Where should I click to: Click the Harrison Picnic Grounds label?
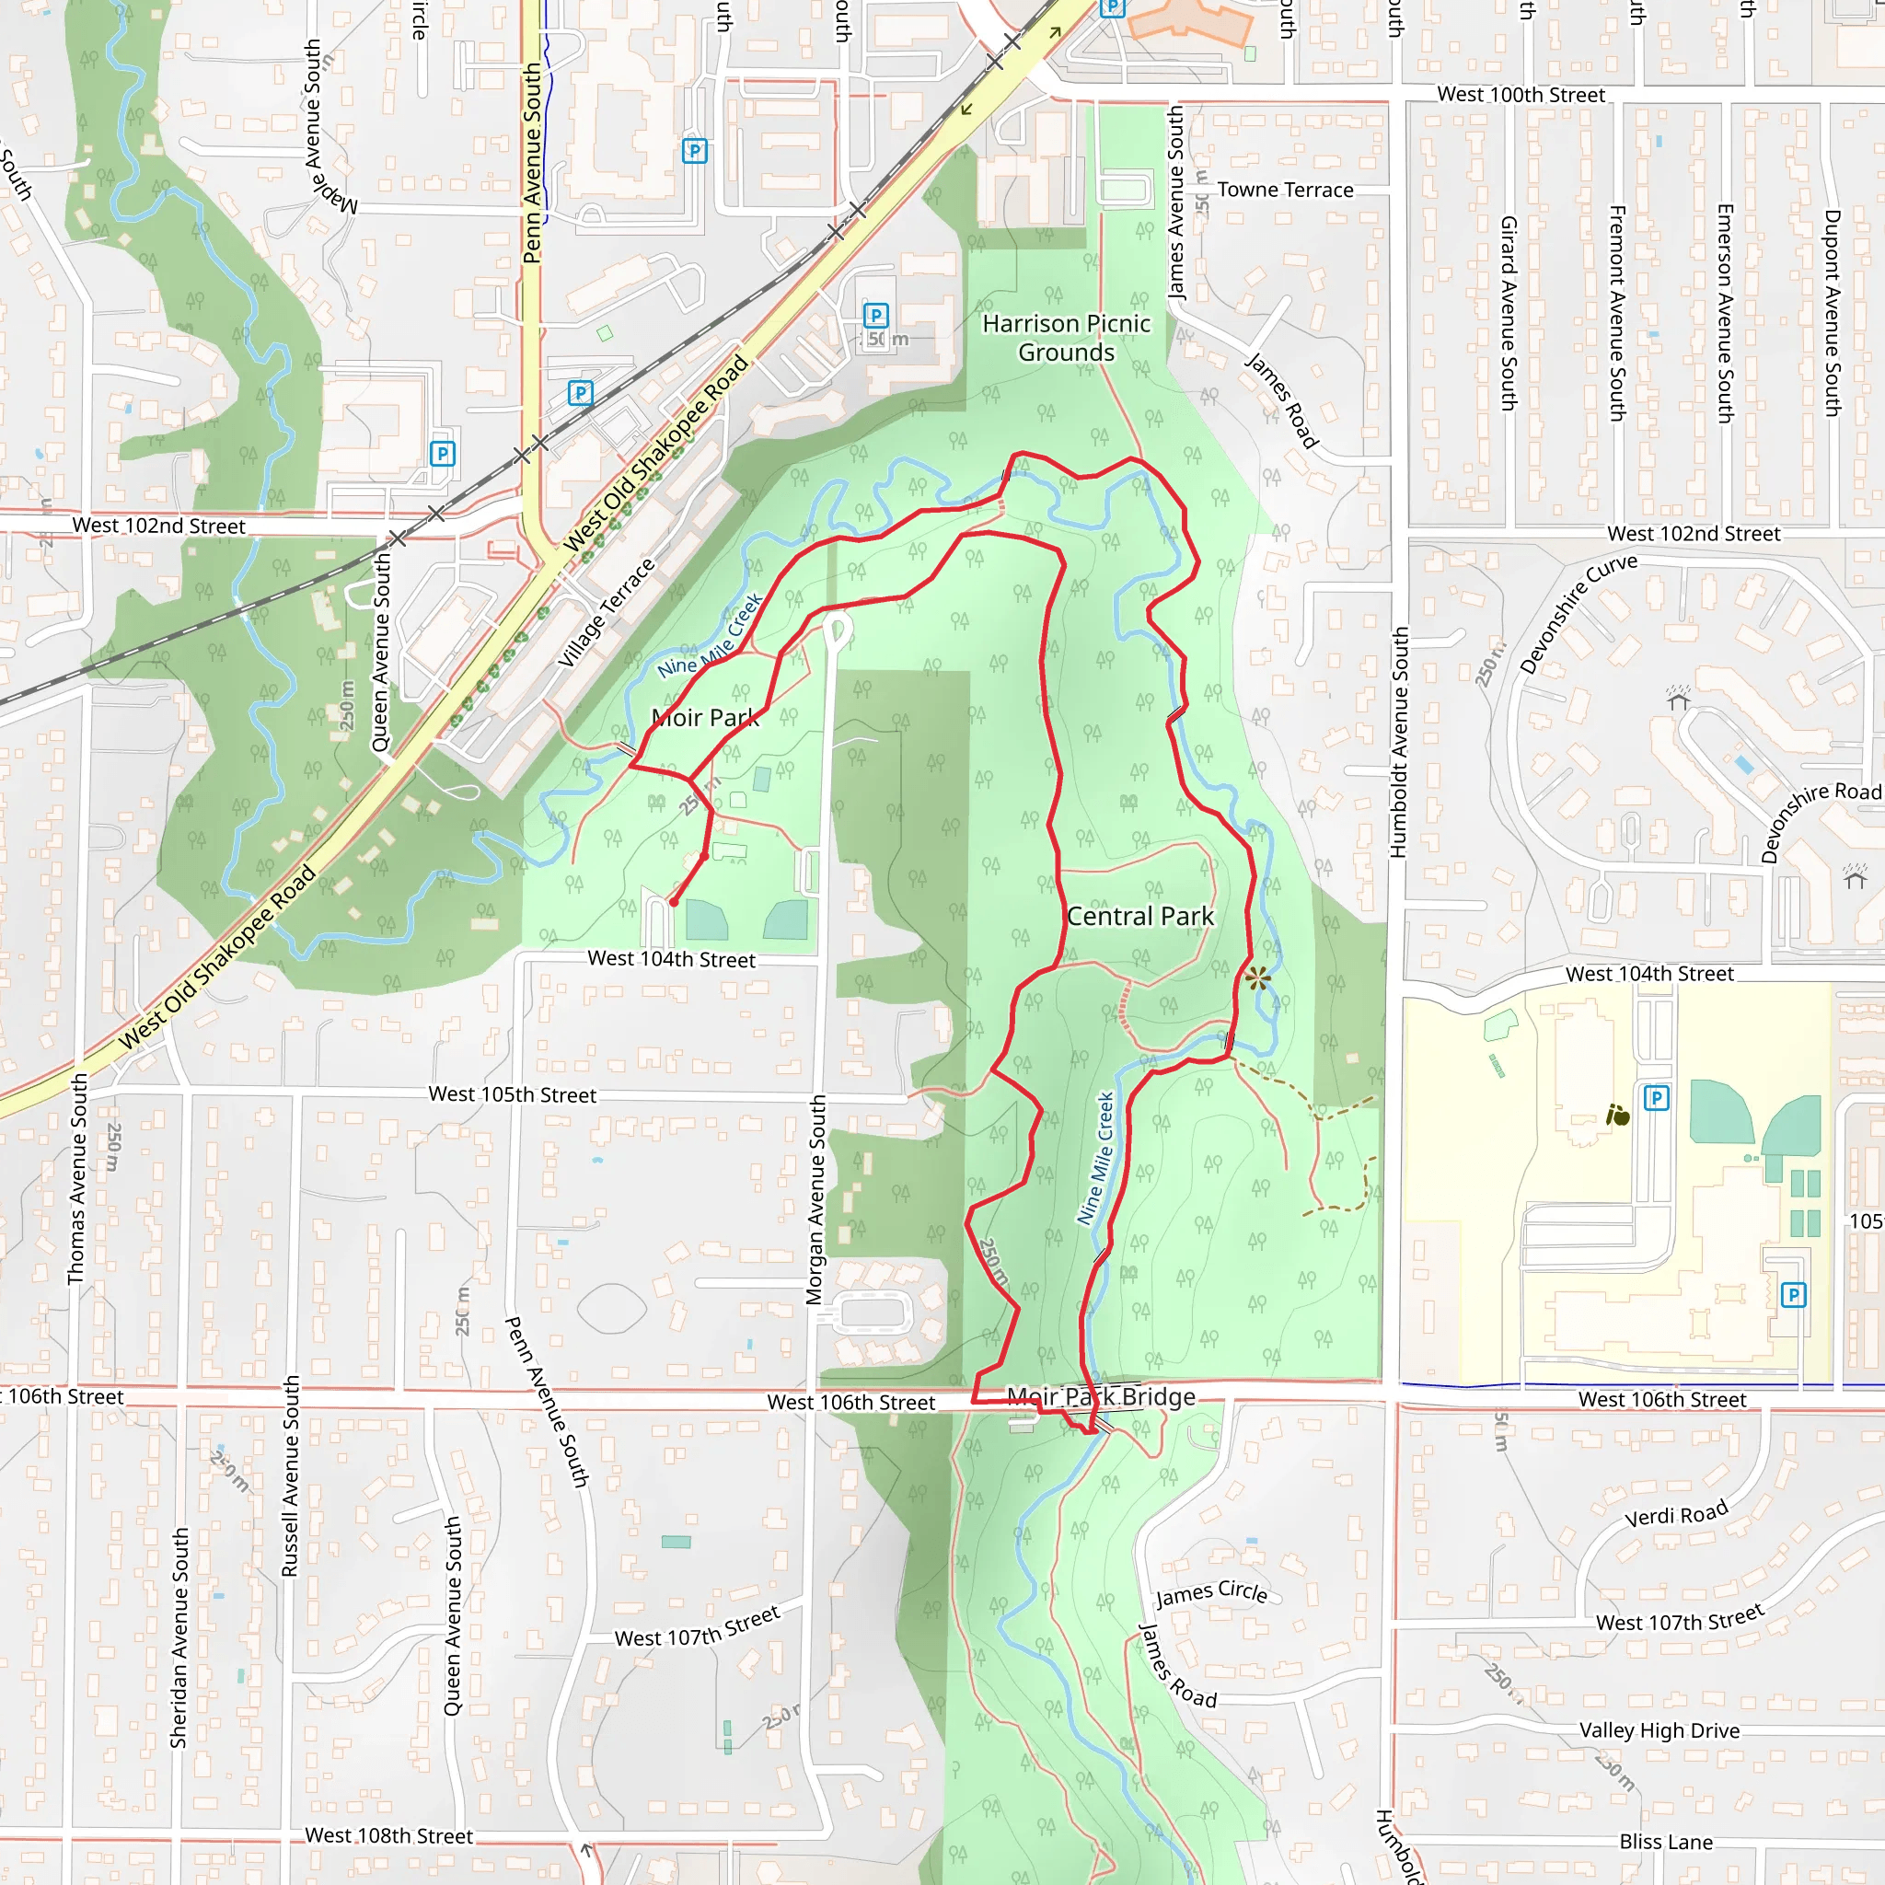tap(1066, 338)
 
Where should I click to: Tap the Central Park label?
tap(1139, 916)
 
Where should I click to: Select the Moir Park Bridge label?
tap(1101, 1397)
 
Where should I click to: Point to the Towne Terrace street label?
tap(1285, 191)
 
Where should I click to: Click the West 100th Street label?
tap(1521, 95)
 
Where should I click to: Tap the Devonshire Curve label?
tap(1577, 613)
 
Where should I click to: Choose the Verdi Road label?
tap(1676, 1514)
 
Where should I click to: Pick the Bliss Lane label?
tap(1665, 1841)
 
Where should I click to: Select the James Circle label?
tap(1212, 1593)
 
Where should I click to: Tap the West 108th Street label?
tap(388, 1835)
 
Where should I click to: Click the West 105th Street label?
tap(513, 1094)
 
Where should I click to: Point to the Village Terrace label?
tap(606, 613)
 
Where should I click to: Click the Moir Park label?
tap(704, 718)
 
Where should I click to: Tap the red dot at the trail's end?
tap(673, 903)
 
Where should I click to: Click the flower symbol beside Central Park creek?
tap(1257, 977)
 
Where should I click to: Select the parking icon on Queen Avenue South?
tap(443, 454)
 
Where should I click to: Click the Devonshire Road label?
tap(1820, 820)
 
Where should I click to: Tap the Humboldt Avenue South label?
tap(1399, 742)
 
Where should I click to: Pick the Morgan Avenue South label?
tap(815, 1199)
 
